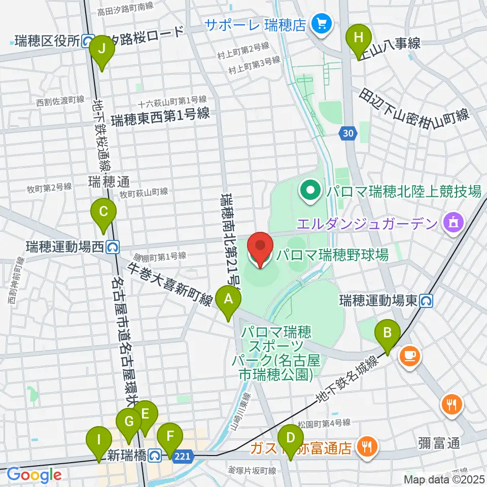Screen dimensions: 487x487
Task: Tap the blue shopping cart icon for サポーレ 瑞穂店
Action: coord(322,23)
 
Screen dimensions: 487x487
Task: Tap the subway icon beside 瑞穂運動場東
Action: coord(426,301)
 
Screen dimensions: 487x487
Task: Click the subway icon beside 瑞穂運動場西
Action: coord(113,247)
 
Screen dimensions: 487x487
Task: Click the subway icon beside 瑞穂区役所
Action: coord(88,41)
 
